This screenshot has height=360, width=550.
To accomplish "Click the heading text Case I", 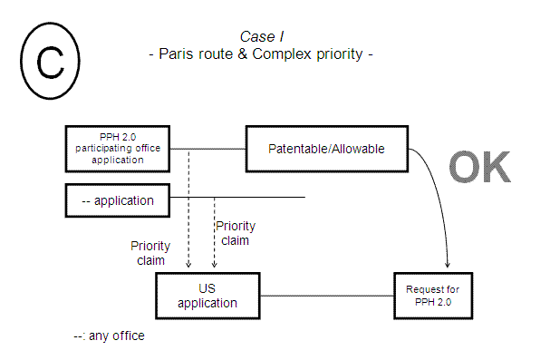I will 260,36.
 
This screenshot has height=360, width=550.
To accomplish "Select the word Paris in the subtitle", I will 176,54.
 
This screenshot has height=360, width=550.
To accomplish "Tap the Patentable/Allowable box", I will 327,149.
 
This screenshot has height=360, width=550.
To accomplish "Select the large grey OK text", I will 480,168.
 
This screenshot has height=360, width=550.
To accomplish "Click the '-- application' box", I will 118,199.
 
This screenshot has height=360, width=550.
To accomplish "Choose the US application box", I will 207,296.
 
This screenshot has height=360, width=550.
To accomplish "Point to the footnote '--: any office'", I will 109,336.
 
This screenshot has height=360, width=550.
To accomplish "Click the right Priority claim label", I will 234,233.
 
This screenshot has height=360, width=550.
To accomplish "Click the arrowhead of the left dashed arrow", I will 188,265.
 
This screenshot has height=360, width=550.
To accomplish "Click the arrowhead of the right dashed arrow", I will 214,265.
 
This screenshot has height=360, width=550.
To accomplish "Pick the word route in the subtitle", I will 213,54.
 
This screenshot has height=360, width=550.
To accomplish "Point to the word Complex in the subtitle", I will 280,54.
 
